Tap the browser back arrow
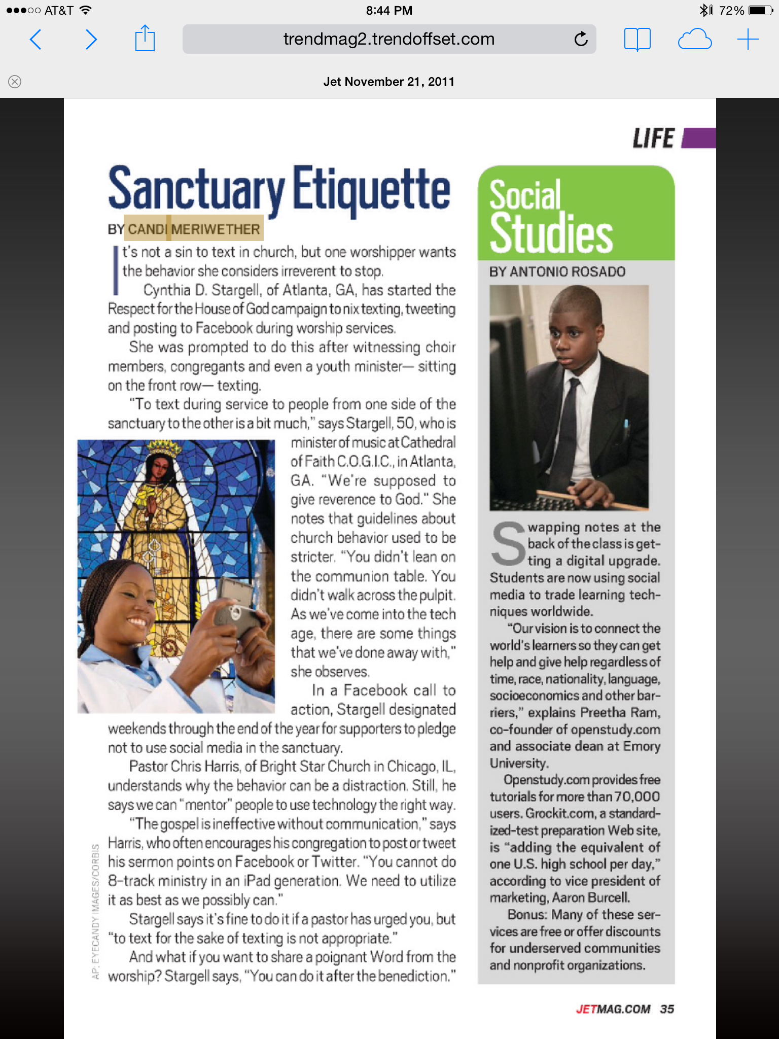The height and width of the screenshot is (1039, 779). click(36, 40)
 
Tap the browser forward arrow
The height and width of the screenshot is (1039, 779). click(91, 40)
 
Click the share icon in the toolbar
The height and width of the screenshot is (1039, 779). click(145, 39)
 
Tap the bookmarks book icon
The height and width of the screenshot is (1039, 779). click(637, 40)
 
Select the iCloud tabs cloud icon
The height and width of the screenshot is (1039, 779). click(694, 40)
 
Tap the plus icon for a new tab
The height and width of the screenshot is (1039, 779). click(748, 40)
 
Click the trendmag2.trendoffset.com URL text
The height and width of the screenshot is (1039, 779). click(388, 39)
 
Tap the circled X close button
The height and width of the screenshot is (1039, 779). click(15, 82)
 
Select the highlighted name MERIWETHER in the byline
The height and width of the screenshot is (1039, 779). click(216, 229)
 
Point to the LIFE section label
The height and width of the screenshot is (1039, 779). click(654, 138)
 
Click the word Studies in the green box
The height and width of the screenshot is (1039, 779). click(551, 233)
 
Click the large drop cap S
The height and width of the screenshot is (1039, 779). click(508, 545)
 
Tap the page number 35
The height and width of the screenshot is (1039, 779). click(667, 1009)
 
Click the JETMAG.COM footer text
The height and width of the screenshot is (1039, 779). click(613, 1009)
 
